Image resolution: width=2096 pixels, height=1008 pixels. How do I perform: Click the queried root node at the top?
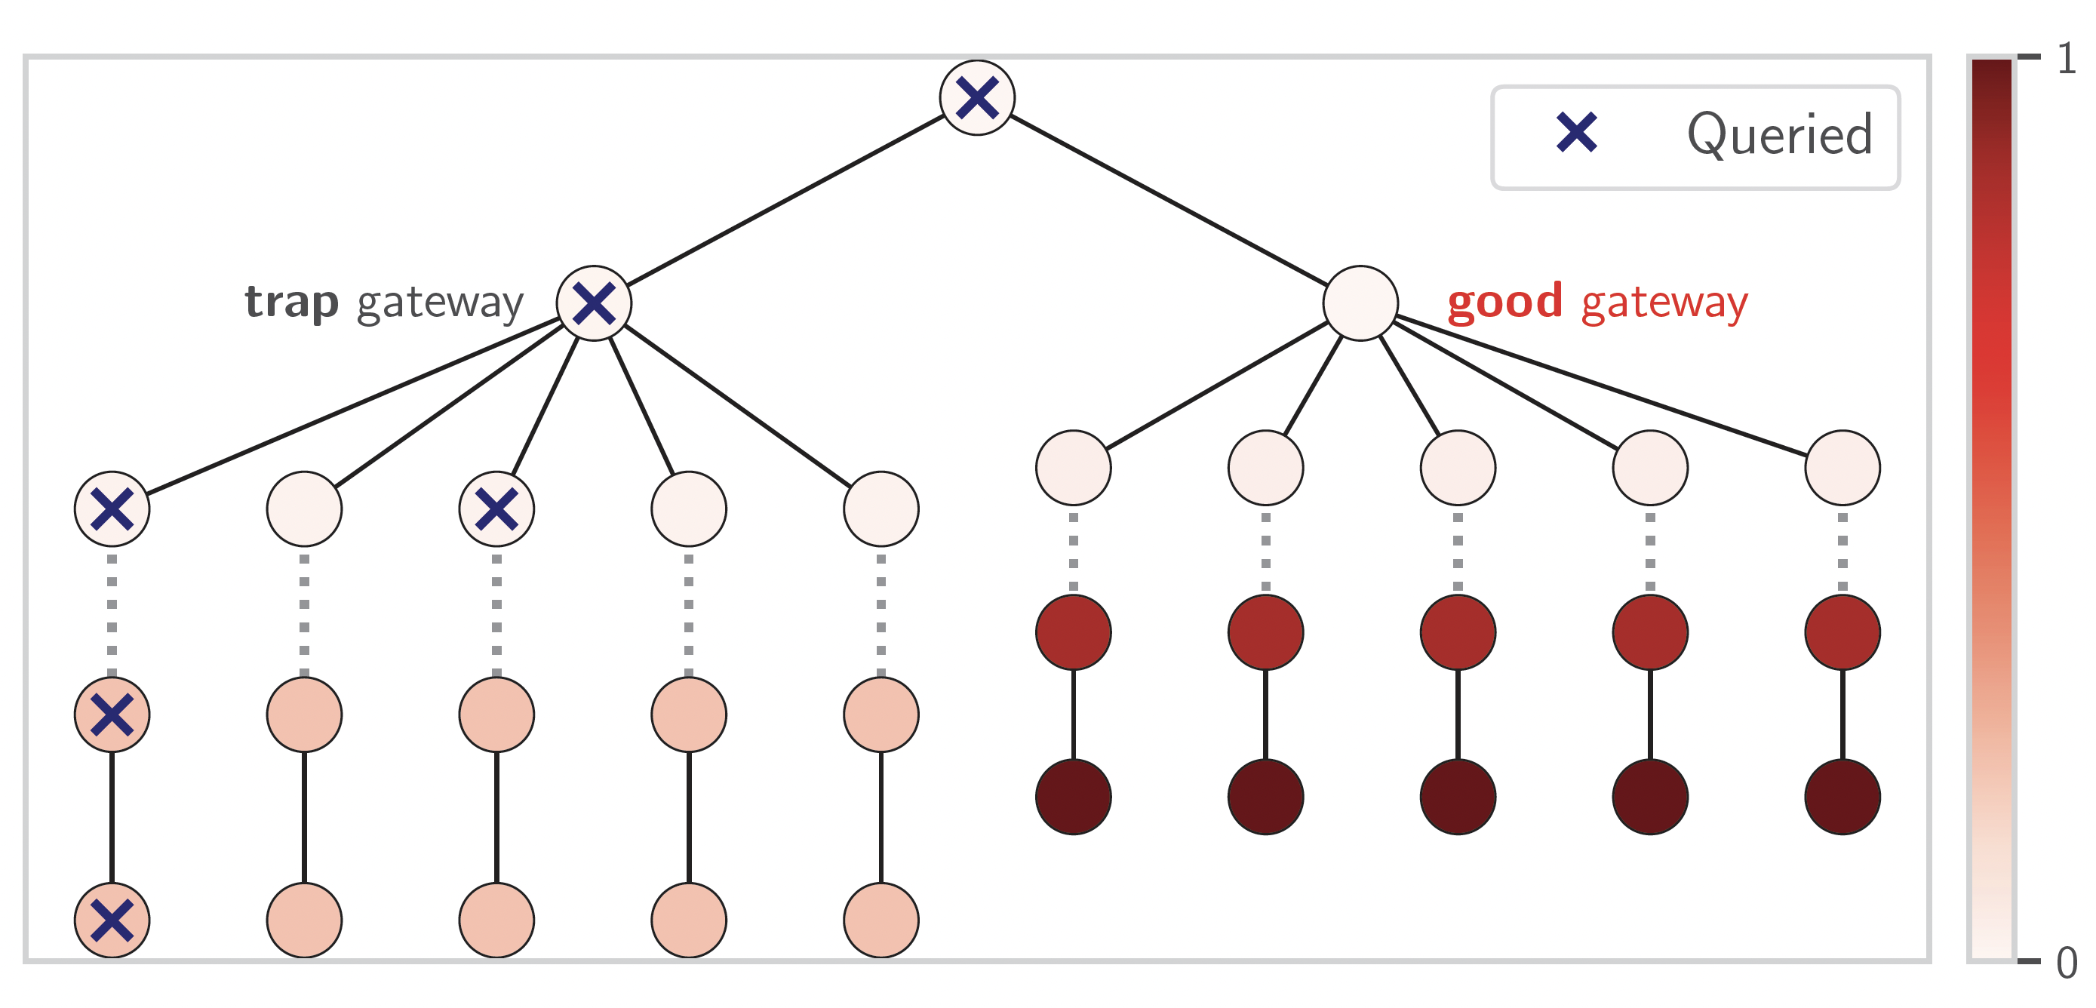[976, 97]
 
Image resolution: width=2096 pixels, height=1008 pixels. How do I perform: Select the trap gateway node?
[594, 303]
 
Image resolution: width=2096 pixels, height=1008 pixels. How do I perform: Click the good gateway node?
[1360, 303]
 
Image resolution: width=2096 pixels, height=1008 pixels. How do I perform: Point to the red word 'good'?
[1505, 301]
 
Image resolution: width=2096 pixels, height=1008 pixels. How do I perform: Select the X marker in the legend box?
[1576, 133]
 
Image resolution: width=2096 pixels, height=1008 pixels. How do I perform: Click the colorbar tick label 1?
[2067, 59]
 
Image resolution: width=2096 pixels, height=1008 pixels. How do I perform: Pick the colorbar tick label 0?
[2067, 963]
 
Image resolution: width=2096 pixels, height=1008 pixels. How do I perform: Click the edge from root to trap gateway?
[785, 200]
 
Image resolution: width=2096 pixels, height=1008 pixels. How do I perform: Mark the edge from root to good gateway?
[1169, 200]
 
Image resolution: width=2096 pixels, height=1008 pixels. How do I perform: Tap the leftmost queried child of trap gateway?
[112, 509]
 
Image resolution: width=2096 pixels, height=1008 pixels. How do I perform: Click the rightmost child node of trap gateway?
[881, 509]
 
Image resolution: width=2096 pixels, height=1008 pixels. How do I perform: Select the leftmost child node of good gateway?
[1073, 468]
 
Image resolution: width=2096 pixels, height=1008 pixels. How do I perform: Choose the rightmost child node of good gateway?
[1842, 468]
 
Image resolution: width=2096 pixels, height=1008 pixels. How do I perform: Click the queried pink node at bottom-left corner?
[112, 920]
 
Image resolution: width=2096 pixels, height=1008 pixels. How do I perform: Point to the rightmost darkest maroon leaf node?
[1842, 797]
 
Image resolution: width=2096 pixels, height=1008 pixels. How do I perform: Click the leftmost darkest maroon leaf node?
[1073, 797]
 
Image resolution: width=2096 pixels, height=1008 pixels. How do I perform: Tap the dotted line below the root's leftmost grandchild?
[112, 614]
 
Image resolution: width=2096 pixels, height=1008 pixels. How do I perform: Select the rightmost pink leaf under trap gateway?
[881, 920]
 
